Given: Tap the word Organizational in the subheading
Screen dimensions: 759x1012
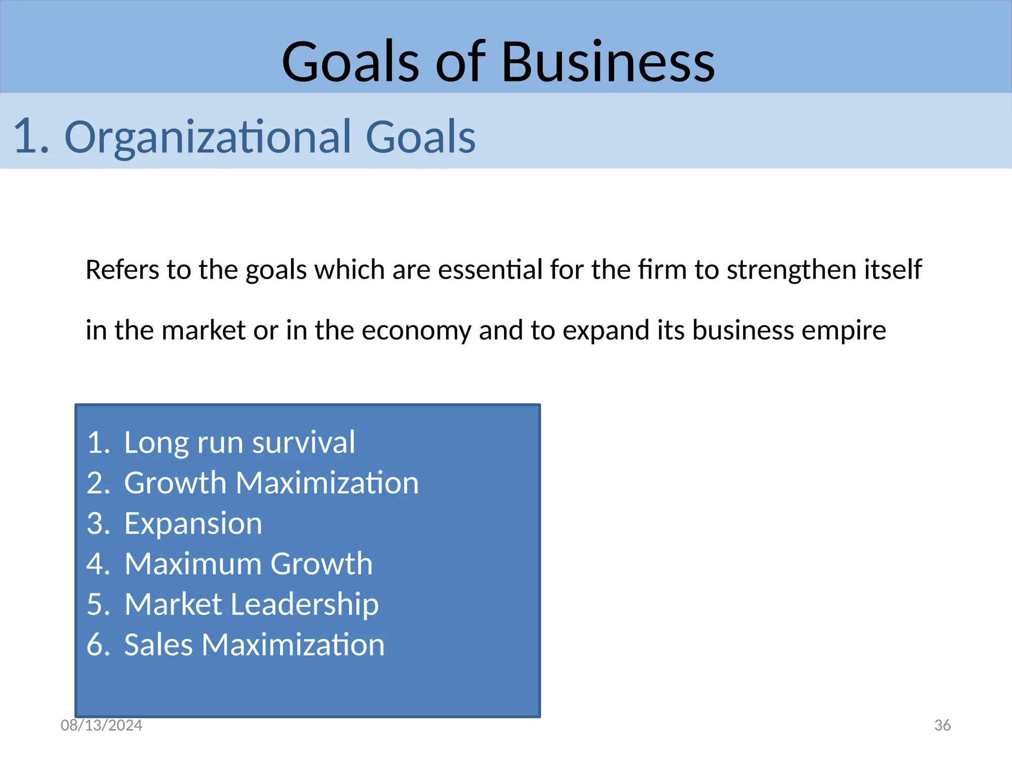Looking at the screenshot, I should tap(208, 137).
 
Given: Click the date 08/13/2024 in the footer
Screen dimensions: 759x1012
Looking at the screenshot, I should tap(101, 725).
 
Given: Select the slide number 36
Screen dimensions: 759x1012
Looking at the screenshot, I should tap(942, 725).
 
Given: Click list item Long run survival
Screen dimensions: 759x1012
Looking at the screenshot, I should tap(239, 442).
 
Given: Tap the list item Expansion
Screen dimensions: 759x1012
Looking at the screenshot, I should tap(193, 523).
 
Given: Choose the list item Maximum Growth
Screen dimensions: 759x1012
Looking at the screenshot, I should tap(248, 564).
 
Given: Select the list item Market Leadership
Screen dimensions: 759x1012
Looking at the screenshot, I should tap(251, 604).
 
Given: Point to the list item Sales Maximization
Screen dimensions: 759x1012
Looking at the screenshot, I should tap(254, 645).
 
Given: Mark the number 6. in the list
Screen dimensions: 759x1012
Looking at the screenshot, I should tap(98, 645).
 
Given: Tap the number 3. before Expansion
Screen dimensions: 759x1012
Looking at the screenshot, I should tap(98, 523).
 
